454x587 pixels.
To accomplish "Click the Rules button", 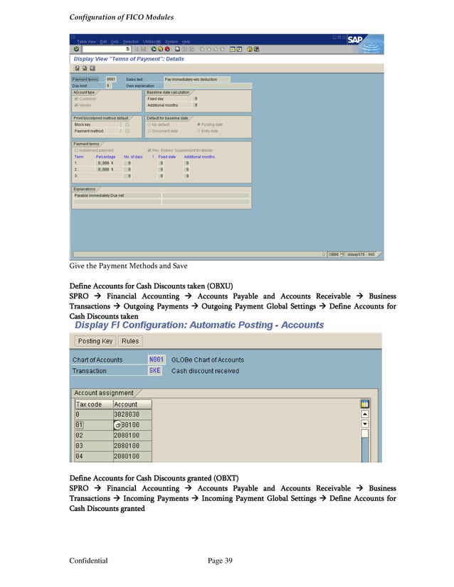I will (x=130, y=340).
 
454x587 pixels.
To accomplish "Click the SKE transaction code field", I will (x=154, y=370).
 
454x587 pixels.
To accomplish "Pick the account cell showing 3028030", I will (x=132, y=414).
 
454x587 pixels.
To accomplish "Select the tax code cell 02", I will (x=93, y=435).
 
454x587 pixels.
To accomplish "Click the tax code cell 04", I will (x=93, y=456).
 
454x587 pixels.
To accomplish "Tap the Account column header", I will (x=132, y=404).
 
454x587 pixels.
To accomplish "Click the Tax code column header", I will (x=93, y=404).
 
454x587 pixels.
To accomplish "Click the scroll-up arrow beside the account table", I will (x=365, y=414).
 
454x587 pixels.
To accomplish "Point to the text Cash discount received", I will (x=205, y=370).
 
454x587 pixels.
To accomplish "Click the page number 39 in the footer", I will (x=225, y=561).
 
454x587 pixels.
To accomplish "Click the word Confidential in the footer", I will (x=88, y=561).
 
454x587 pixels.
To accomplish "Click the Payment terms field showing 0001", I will (x=111, y=79).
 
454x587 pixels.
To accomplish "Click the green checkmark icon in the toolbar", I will (x=74, y=49).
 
